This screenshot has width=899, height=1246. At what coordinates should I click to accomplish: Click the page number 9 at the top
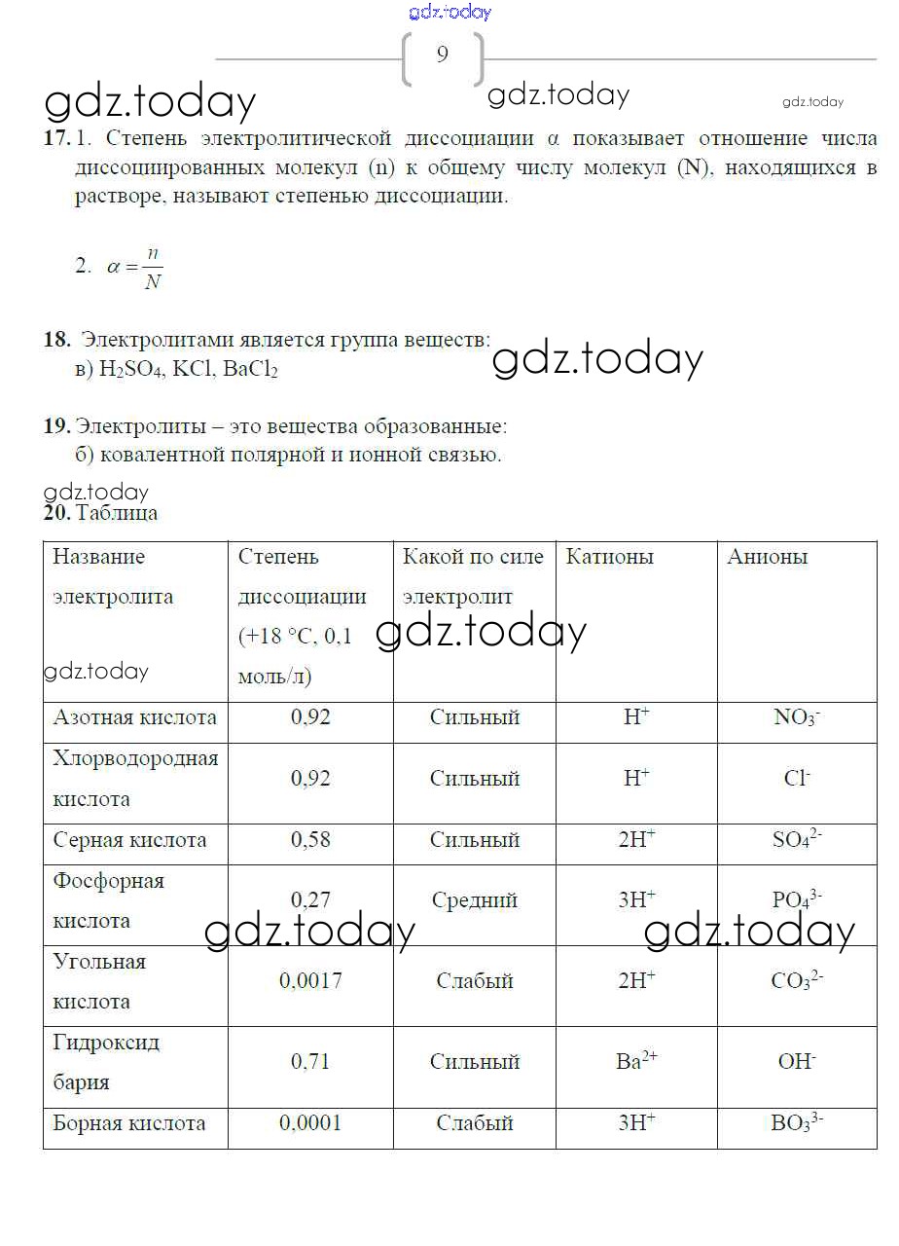pyautogui.click(x=443, y=55)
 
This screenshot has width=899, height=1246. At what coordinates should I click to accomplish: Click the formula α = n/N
pyautogui.click(x=134, y=267)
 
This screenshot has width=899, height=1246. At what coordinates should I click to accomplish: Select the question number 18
pyautogui.click(x=56, y=340)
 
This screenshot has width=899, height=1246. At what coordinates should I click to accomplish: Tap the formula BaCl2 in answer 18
pyautogui.click(x=250, y=370)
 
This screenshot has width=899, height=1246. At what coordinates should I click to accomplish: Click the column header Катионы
pyautogui.click(x=610, y=557)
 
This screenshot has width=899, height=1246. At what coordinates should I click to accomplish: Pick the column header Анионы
pyautogui.click(x=767, y=557)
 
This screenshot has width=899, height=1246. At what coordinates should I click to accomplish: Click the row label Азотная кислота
pyautogui.click(x=134, y=718)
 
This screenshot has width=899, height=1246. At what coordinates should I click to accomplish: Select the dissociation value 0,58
pyautogui.click(x=310, y=840)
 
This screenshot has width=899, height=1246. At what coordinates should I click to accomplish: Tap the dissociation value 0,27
pyautogui.click(x=310, y=900)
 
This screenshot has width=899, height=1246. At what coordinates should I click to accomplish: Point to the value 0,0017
pyautogui.click(x=310, y=981)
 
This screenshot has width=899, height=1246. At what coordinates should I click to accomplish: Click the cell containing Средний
pyautogui.click(x=474, y=900)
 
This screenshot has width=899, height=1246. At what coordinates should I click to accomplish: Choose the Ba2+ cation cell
pyautogui.click(x=637, y=1061)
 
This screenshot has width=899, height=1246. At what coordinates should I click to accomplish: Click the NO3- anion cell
pyautogui.click(x=797, y=718)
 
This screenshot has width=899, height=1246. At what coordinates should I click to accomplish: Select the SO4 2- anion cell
pyautogui.click(x=797, y=840)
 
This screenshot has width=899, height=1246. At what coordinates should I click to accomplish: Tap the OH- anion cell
pyautogui.click(x=797, y=1061)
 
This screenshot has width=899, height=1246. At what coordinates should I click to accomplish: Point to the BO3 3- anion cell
pyautogui.click(x=797, y=1123)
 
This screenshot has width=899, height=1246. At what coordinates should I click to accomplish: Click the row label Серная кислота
pyautogui.click(x=129, y=840)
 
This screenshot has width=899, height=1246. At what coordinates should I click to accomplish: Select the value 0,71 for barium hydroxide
pyautogui.click(x=310, y=1061)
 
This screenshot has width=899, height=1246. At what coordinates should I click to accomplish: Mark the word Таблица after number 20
pyautogui.click(x=117, y=514)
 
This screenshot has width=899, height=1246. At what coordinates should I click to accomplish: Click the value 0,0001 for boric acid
pyautogui.click(x=310, y=1123)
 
